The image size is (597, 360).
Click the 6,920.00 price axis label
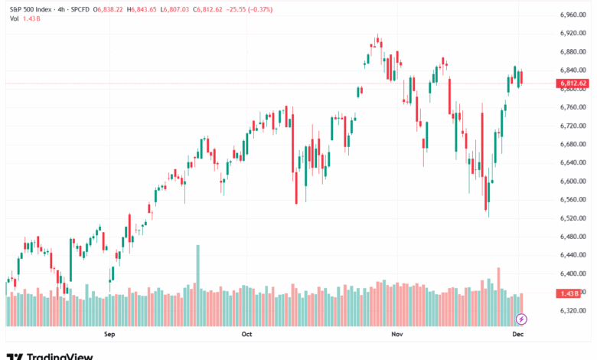(x=572, y=33)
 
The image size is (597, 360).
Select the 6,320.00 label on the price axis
(x=572, y=310)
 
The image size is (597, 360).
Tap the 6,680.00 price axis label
(x=572, y=144)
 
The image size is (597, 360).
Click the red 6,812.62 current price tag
(x=573, y=83)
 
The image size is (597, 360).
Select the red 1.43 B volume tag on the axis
(x=568, y=293)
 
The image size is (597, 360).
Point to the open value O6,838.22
(x=108, y=8)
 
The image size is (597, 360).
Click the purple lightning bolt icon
(x=522, y=318)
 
